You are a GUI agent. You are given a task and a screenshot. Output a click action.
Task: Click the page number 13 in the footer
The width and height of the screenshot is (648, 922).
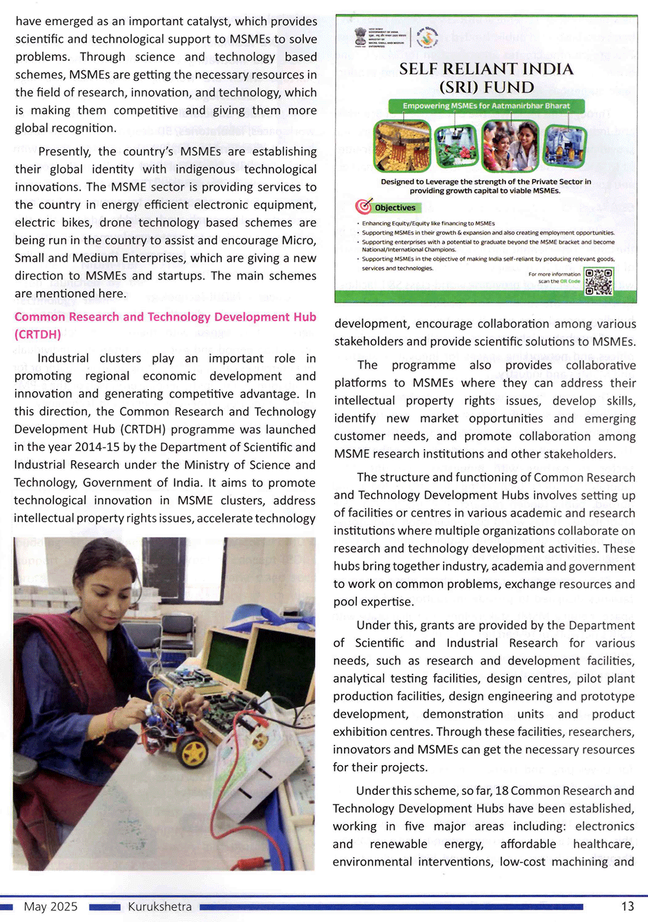627,906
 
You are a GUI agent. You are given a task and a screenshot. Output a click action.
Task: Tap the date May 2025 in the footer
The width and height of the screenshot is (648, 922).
51,906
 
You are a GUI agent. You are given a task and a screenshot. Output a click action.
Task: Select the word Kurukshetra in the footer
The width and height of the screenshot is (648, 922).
159,906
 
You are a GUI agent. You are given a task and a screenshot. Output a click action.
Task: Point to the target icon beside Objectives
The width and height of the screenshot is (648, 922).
364,207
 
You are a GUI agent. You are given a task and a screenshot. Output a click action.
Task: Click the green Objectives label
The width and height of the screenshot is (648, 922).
395,208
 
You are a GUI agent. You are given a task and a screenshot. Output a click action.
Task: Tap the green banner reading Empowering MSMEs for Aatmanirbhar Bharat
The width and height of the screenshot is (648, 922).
486,106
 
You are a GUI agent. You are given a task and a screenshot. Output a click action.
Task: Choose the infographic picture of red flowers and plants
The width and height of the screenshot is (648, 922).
456,145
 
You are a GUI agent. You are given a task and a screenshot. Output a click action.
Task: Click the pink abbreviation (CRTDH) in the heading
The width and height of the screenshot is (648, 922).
38,335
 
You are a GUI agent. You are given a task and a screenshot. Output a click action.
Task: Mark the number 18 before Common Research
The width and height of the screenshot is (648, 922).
502,790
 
